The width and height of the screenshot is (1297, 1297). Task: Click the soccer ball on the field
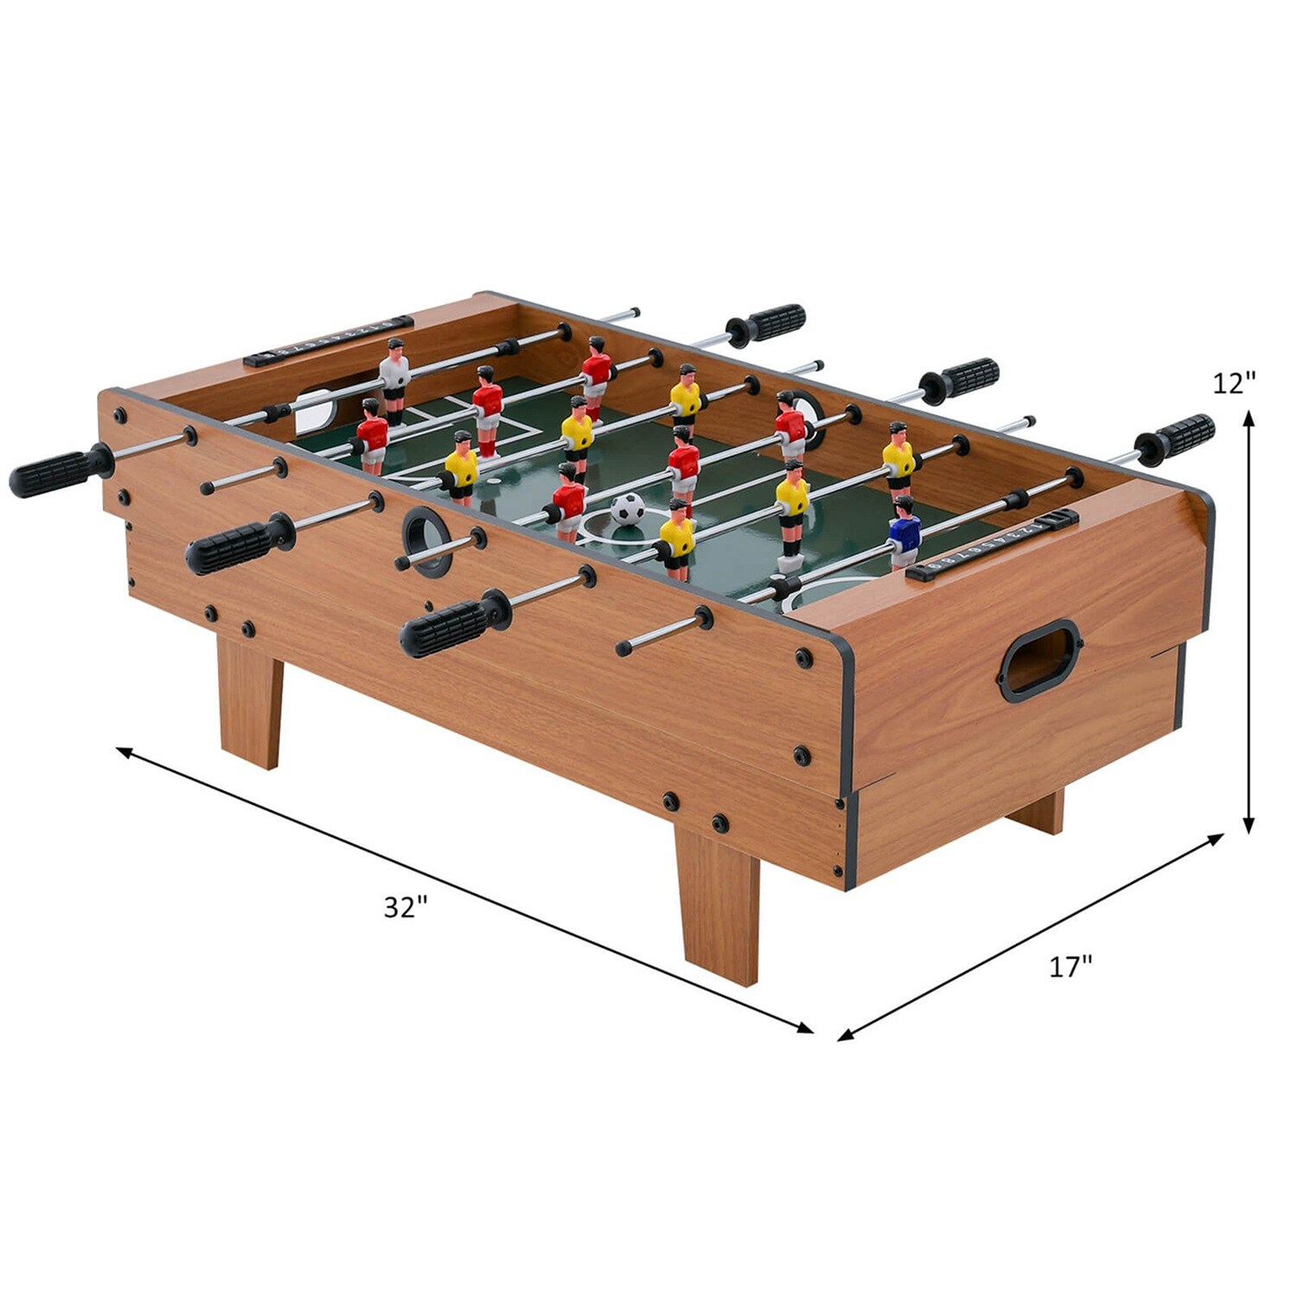(x=628, y=509)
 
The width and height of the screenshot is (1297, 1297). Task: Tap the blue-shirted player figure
(x=904, y=531)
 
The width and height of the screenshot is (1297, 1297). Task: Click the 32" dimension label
(x=406, y=907)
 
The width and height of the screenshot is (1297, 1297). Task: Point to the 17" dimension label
(x=1070, y=967)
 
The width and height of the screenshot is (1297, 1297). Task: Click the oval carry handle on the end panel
(x=1040, y=660)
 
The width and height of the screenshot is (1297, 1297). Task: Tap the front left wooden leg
(x=250, y=700)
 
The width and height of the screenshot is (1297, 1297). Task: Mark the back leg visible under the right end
(x=1038, y=811)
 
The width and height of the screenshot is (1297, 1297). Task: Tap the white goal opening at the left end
(x=313, y=412)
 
